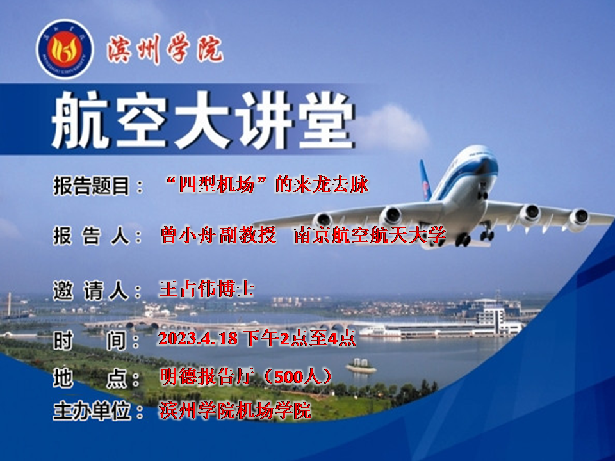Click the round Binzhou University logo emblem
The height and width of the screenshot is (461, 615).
65,49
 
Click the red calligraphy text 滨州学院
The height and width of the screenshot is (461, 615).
165,49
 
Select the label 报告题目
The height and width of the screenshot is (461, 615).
92,186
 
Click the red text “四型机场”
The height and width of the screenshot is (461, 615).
217,184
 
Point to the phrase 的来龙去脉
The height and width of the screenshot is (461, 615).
322,184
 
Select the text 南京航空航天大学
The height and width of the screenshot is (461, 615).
370,235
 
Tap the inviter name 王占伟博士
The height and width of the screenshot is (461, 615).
207,289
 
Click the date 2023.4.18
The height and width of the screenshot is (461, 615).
198,339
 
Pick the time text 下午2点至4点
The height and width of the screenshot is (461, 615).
299,338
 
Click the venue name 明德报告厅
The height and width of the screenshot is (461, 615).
207,376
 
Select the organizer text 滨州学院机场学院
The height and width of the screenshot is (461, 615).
235,410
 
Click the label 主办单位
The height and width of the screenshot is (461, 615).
92,411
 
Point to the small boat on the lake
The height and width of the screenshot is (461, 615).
361,366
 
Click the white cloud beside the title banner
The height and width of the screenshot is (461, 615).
392,127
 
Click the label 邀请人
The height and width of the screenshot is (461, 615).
91,291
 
